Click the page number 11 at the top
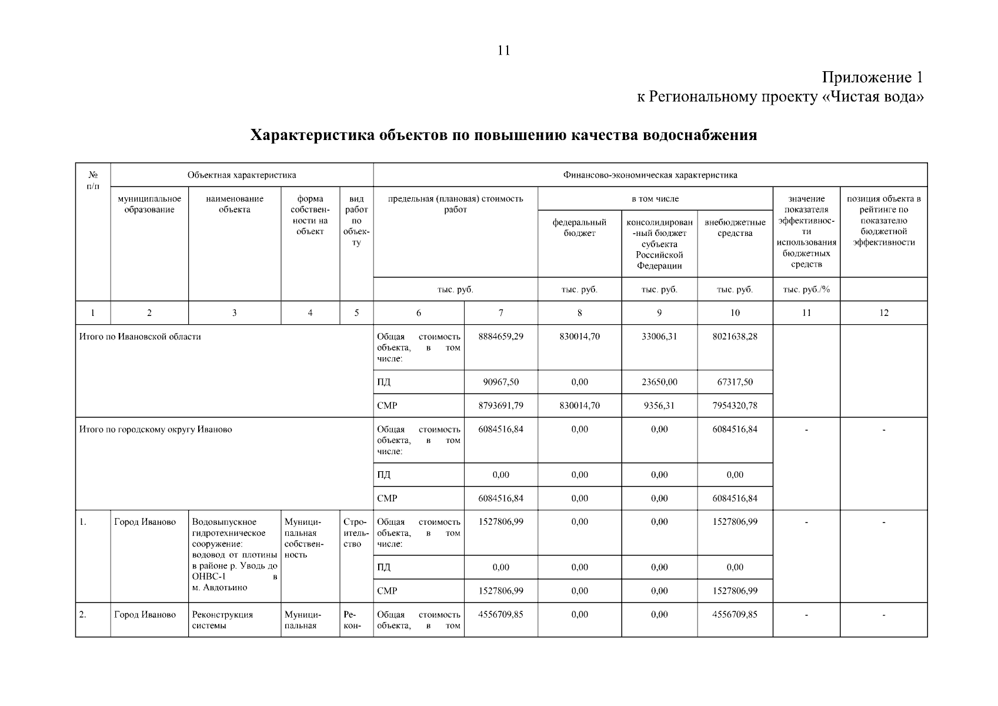[x=503, y=51]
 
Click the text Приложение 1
[x=872, y=78]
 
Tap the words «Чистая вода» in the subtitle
[x=872, y=97]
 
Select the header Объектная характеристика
[x=242, y=175]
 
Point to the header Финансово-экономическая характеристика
[x=650, y=175]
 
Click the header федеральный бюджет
[x=579, y=228]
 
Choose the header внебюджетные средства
[x=735, y=228]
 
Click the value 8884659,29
[x=500, y=337]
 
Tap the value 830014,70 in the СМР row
[x=579, y=405]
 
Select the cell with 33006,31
[x=659, y=337]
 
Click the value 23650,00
[x=659, y=382]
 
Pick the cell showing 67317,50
[x=735, y=382]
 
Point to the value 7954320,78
[x=735, y=405]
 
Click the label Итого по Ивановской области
[x=140, y=337]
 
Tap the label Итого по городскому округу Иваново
[x=155, y=429]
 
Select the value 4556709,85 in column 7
[x=500, y=614]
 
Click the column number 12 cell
[x=883, y=313]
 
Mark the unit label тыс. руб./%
[x=806, y=289]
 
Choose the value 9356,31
[x=659, y=405]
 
